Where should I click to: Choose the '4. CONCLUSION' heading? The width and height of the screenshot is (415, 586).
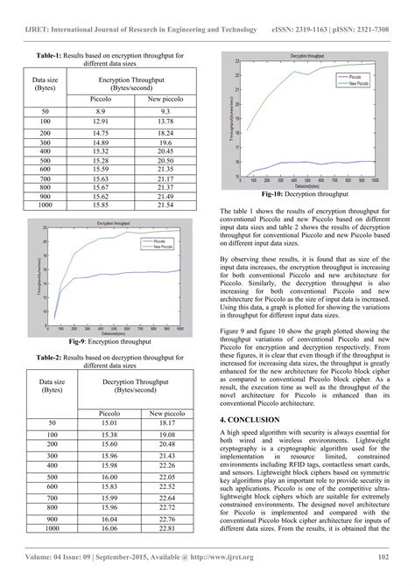point(255,421)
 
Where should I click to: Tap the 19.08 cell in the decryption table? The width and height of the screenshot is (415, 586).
point(162,435)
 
